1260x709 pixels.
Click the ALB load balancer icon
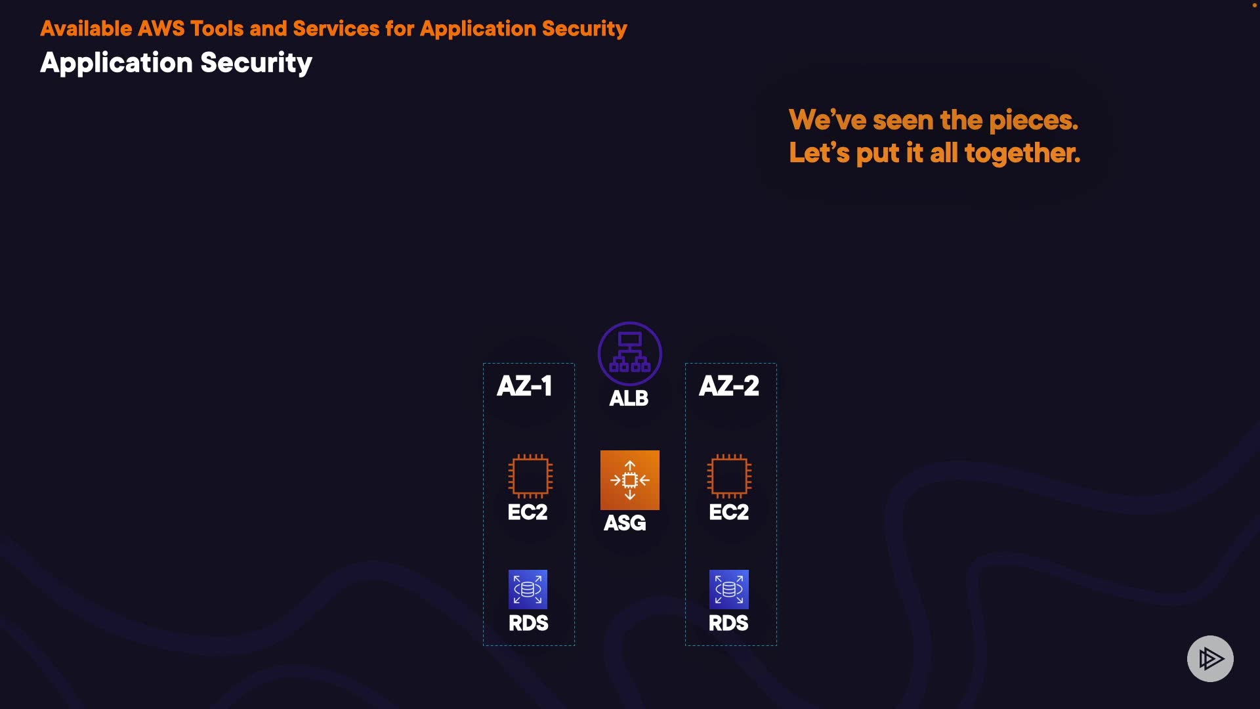click(x=629, y=353)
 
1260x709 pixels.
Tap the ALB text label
click(x=628, y=398)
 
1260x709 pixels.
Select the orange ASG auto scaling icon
click(x=629, y=480)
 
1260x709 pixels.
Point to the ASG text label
click(x=625, y=523)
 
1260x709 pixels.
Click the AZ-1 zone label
click(x=524, y=385)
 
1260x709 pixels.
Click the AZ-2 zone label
click(x=728, y=385)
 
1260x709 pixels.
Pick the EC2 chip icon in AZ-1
click(x=530, y=475)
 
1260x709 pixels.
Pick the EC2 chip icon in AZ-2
click(x=728, y=475)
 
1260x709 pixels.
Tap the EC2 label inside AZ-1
click(x=527, y=512)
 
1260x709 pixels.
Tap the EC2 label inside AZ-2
click(x=728, y=512)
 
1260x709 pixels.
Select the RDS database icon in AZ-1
click(x=528, y=589)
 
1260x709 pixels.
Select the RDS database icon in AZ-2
click(x=728, y=589)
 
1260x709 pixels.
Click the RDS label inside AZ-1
click(x=528, y=623)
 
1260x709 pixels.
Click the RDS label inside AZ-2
click(x=728, y=623)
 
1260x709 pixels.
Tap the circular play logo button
click(x=1210, y=658)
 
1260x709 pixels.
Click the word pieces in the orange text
click(x=1033, y=121)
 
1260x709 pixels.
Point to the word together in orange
click(x=1022, y=154)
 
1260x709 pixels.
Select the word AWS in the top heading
click(x=161, y=29)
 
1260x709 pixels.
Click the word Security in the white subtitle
click(x=256, y=63)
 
